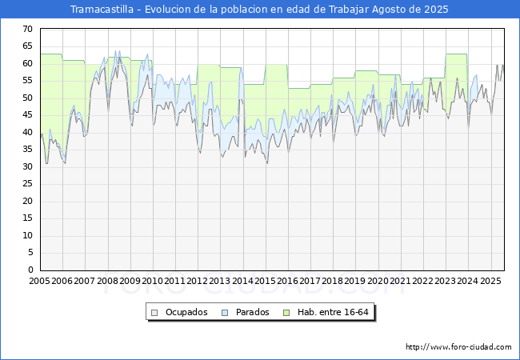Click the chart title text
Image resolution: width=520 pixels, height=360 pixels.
(x=259, y=10)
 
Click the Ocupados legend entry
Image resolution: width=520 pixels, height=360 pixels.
(x=180, y=312)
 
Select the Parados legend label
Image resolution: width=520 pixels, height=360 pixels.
(x=252, y=312)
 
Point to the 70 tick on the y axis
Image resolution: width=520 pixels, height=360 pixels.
(x=28, y=30)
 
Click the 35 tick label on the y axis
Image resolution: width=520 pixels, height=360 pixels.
(x=28, y=150)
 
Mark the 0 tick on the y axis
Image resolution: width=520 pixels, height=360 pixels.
(x=30, y=270)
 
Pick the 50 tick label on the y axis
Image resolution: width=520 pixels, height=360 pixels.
(x=28, y=98)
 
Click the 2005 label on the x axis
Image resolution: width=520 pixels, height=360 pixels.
(x=40, y=281)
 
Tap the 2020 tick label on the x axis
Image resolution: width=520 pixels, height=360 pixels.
(x=378, y=281)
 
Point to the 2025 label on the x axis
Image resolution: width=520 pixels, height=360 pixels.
(x=490, y=281)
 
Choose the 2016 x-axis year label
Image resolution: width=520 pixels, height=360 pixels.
(x=288, y=281)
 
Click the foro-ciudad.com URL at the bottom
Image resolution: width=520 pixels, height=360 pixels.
(x=458, y=347)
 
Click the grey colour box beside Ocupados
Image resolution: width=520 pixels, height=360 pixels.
(x=155, y=312)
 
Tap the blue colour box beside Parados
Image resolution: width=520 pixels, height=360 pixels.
(x=226, y=312)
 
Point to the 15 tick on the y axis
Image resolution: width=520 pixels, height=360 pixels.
(x=28, y=218)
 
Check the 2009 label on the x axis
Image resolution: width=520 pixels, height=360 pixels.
(x=130, y=281)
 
